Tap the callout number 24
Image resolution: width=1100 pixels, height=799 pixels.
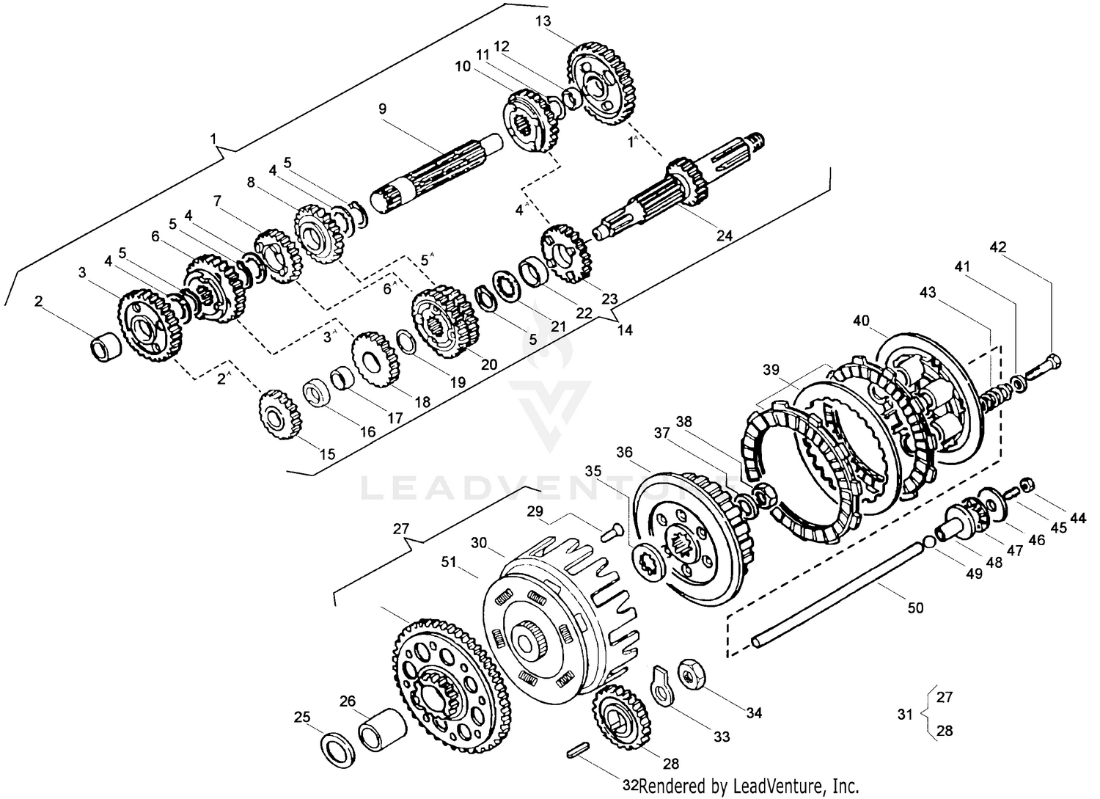[x=724, y=236]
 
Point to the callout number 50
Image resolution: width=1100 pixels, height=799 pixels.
[x=915, y=608]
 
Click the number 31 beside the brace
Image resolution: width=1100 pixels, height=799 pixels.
[x=906, y=712]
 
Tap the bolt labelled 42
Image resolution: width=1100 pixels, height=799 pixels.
[x=1045, y=365]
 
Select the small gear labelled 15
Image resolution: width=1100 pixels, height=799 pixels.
[x=279, y=414]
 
